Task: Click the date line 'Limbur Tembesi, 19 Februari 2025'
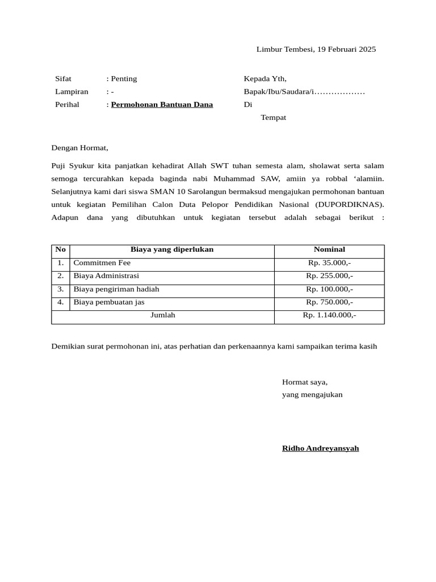click(316, 49)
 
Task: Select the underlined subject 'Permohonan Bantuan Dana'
click(162, 105)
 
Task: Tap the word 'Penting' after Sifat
click(124, 79)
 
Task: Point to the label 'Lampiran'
click(72, 92)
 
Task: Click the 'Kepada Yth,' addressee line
click(265, 79)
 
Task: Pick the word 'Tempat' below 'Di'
click(273, 118)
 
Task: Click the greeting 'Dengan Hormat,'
click(79, 148)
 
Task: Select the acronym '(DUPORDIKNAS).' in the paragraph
click(350, 205)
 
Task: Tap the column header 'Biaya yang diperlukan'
click(172, 250)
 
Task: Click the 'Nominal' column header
click(329, 250)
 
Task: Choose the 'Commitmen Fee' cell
click(102, 263)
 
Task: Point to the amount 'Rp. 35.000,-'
click(329, 263)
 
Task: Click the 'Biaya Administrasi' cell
click(106, 276)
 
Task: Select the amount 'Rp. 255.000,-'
click(329, 276)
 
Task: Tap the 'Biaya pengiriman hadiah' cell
click(116, 289)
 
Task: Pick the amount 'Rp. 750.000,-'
click(329, 302)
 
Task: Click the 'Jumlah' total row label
click(163, 315)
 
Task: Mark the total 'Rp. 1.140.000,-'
click(329, 315)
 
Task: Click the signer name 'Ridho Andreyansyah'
click(320, 448)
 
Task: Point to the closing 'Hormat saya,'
click(305, 383)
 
